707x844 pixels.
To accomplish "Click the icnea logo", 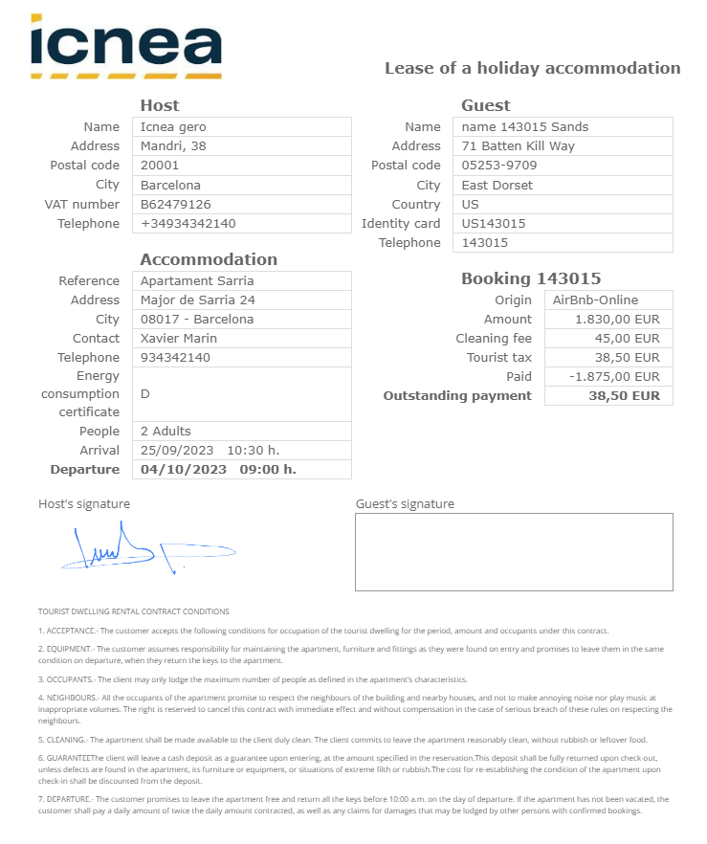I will (x=126, y=46).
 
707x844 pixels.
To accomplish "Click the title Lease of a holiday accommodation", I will (x=532, y=68).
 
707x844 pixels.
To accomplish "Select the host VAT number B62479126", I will (x=176, y=204).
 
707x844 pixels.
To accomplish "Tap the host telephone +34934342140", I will (x=188, y=223).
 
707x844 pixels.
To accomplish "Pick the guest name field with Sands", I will (x=525, y=126).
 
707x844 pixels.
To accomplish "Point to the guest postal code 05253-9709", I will (x=499, y=166).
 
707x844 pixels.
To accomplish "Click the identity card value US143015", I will (x=494, y=223).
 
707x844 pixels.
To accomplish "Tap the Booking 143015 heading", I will (x=531, y=278).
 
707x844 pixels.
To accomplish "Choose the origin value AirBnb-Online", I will (x=596, y=300).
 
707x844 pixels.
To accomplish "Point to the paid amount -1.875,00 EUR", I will (x=614, y=376).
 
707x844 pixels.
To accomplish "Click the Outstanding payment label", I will (x=457, y=395).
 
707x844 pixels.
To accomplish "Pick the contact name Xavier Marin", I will (x=179, y=338).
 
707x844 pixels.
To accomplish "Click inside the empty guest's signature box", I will (x=514, y=552).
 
